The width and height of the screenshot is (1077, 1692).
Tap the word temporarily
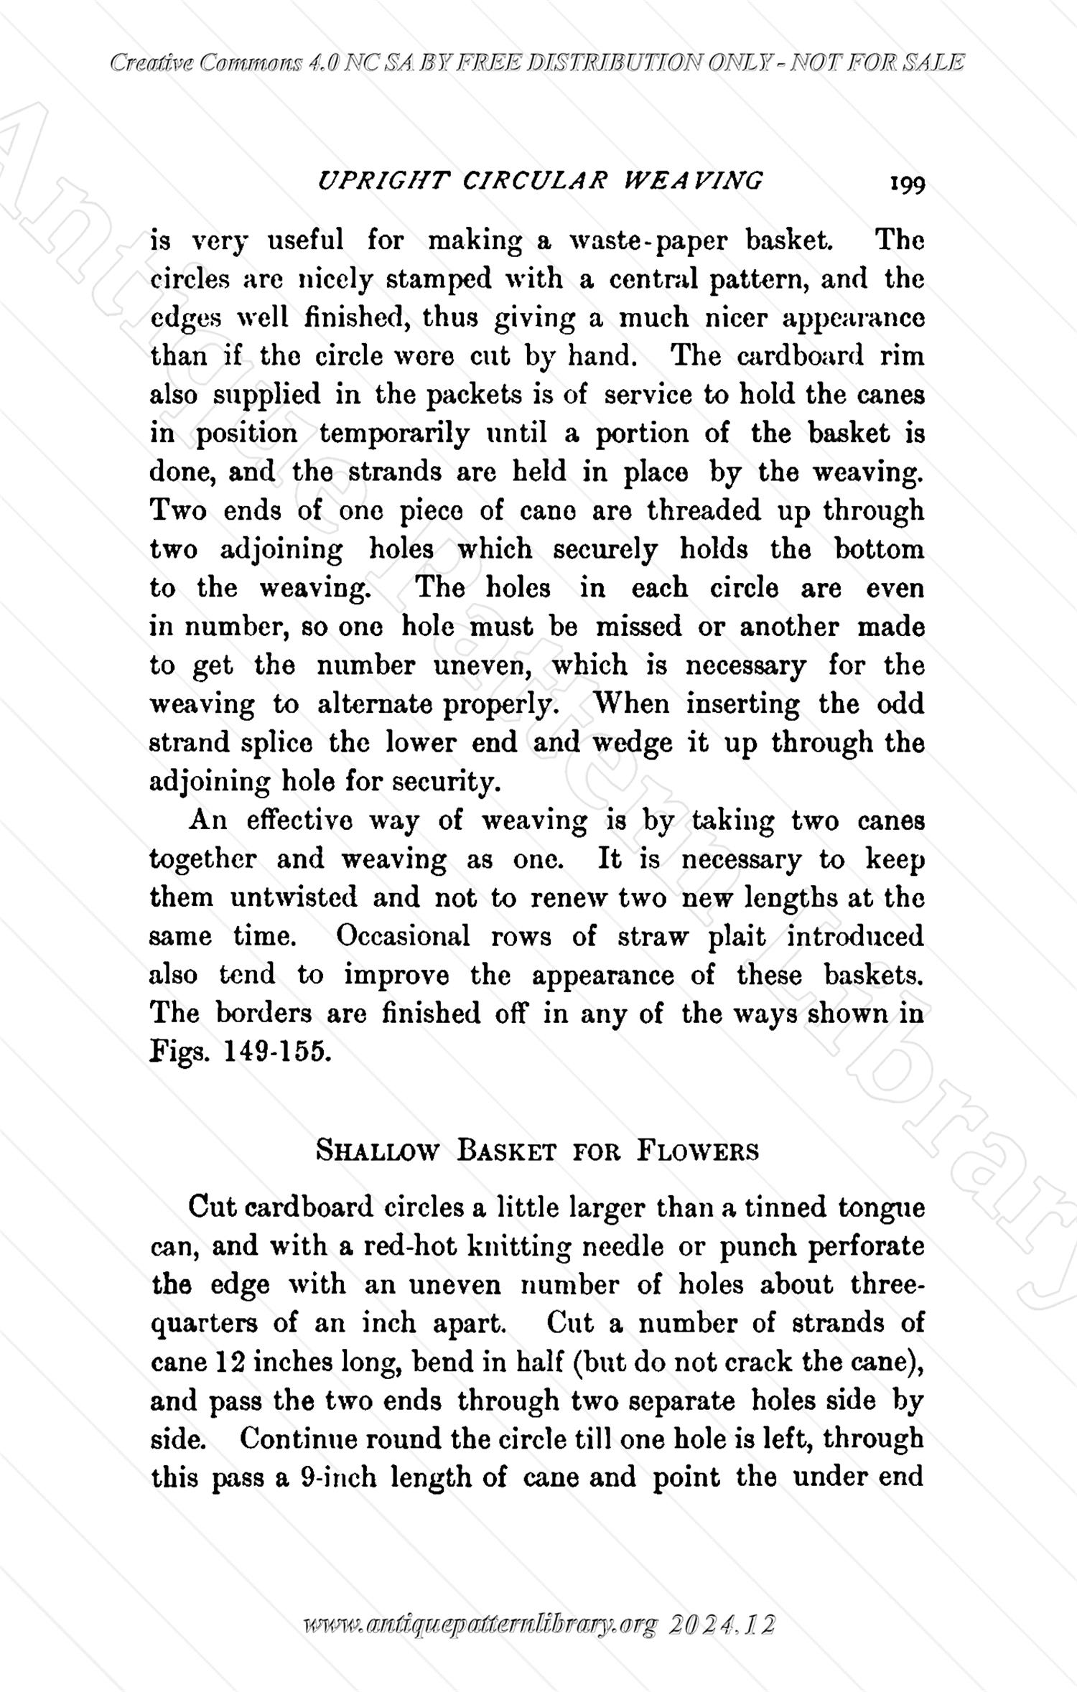tap(394, 434)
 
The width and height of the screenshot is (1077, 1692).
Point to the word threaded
tap(704, 511)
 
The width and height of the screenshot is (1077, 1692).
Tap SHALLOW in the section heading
tap(377, 1151)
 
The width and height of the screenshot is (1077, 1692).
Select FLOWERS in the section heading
tap(697, 1151)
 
